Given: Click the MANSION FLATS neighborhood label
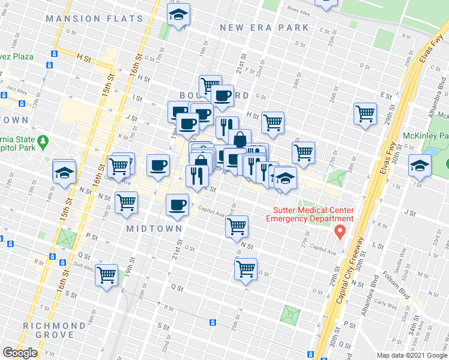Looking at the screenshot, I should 95,19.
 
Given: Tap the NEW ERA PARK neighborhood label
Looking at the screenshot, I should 264,28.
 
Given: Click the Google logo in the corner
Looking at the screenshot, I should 19,353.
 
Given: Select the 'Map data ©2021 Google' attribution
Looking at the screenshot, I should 411,355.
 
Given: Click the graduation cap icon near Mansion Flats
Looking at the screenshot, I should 178,14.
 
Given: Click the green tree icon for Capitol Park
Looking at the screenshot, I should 43,142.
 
